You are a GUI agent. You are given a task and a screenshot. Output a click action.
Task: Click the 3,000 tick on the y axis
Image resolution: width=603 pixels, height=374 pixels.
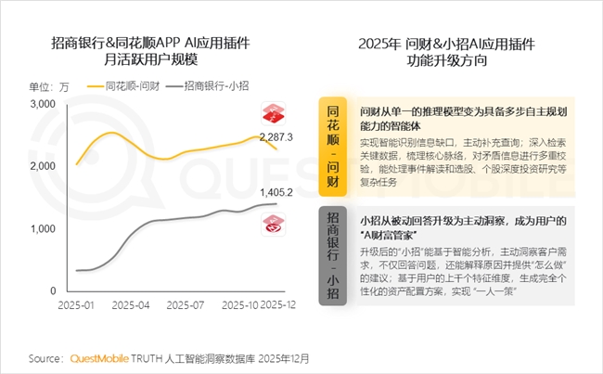pyautogui.click(x=44, y=104)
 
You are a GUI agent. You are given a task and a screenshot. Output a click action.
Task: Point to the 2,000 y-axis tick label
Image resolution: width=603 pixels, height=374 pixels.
pyautogui.click(x=44, y=166)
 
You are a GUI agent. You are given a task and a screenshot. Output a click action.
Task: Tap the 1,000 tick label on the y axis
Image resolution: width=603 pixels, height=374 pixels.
pyautogui.click(x=44, y=228)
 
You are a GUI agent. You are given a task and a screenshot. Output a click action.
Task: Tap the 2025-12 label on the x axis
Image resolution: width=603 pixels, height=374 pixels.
pyautogui.click(x=279, y=304)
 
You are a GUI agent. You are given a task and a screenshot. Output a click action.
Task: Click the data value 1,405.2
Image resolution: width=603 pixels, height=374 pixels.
pyautogui.click(x=276, y=193)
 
